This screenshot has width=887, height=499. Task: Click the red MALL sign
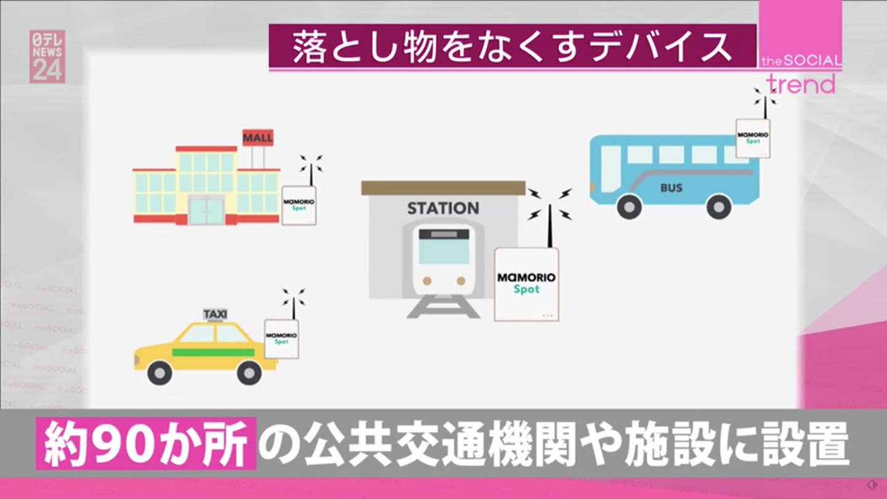click(x=257, y=137)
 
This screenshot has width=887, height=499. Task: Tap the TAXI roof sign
click(x=215, y=314)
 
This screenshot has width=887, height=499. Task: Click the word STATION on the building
click(x=443, y=208)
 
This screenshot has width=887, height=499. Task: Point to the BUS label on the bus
click(x=671, y=188)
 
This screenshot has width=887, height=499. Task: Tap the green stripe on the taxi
click(x=213, y=352)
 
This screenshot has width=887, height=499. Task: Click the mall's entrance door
click(x=206, y=211)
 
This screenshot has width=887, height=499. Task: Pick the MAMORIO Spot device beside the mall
click(x=299, y=206)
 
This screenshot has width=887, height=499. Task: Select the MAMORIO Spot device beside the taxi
click(x=281, y=339)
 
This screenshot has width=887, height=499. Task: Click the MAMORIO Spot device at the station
click(x=527, y=285)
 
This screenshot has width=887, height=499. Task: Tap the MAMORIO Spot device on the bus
click(x=753, y=139)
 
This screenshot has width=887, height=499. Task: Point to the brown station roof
click(x=443, y=188)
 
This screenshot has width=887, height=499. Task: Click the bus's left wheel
click(x=630, y=207)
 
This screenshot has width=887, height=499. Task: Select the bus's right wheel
click(x=719, y=207)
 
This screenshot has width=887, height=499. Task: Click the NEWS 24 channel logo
click(x=47, y=57)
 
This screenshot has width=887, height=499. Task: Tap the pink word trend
click(x=800, y=85)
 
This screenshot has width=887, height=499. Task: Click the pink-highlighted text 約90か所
click(x=146, y=444)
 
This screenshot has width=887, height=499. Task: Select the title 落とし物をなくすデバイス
click(x=512, y=47)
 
